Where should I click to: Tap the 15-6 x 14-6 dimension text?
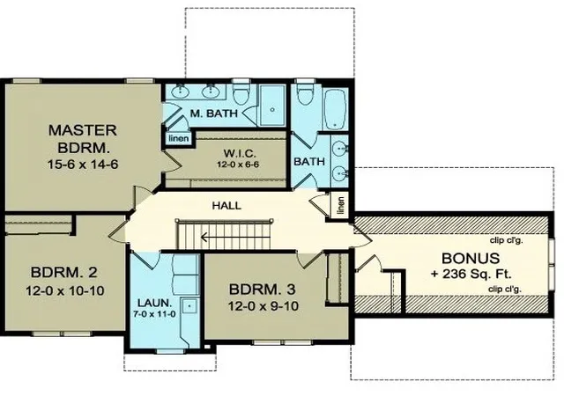(83, 165)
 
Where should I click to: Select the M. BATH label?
(214, 114)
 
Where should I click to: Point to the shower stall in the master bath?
(272, 105)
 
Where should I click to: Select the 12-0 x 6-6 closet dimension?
(238, 165)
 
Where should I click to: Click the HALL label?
(226, 206)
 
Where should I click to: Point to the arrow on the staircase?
(235, 238)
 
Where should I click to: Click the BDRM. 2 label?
(64, 273)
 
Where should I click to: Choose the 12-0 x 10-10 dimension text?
(64, 290)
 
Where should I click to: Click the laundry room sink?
(189, 306)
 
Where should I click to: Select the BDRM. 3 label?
(263, 289)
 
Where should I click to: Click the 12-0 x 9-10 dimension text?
(263, 306)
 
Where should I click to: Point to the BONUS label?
(471, 259)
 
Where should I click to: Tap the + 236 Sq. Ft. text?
(471, 275)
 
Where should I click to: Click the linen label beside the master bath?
(179, 138)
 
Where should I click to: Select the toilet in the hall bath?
(306, 92)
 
